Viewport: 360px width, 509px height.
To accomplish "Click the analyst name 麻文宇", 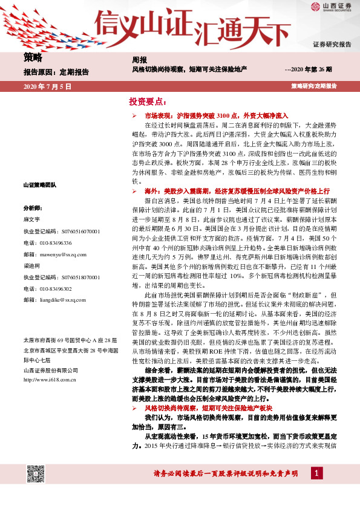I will (31, 219).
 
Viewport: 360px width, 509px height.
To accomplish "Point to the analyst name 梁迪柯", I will (31, 265).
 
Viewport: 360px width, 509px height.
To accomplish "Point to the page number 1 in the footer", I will (314, 488).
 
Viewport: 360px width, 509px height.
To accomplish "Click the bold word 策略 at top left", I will (33, 58).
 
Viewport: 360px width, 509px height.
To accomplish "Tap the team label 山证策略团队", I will (39, 184).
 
